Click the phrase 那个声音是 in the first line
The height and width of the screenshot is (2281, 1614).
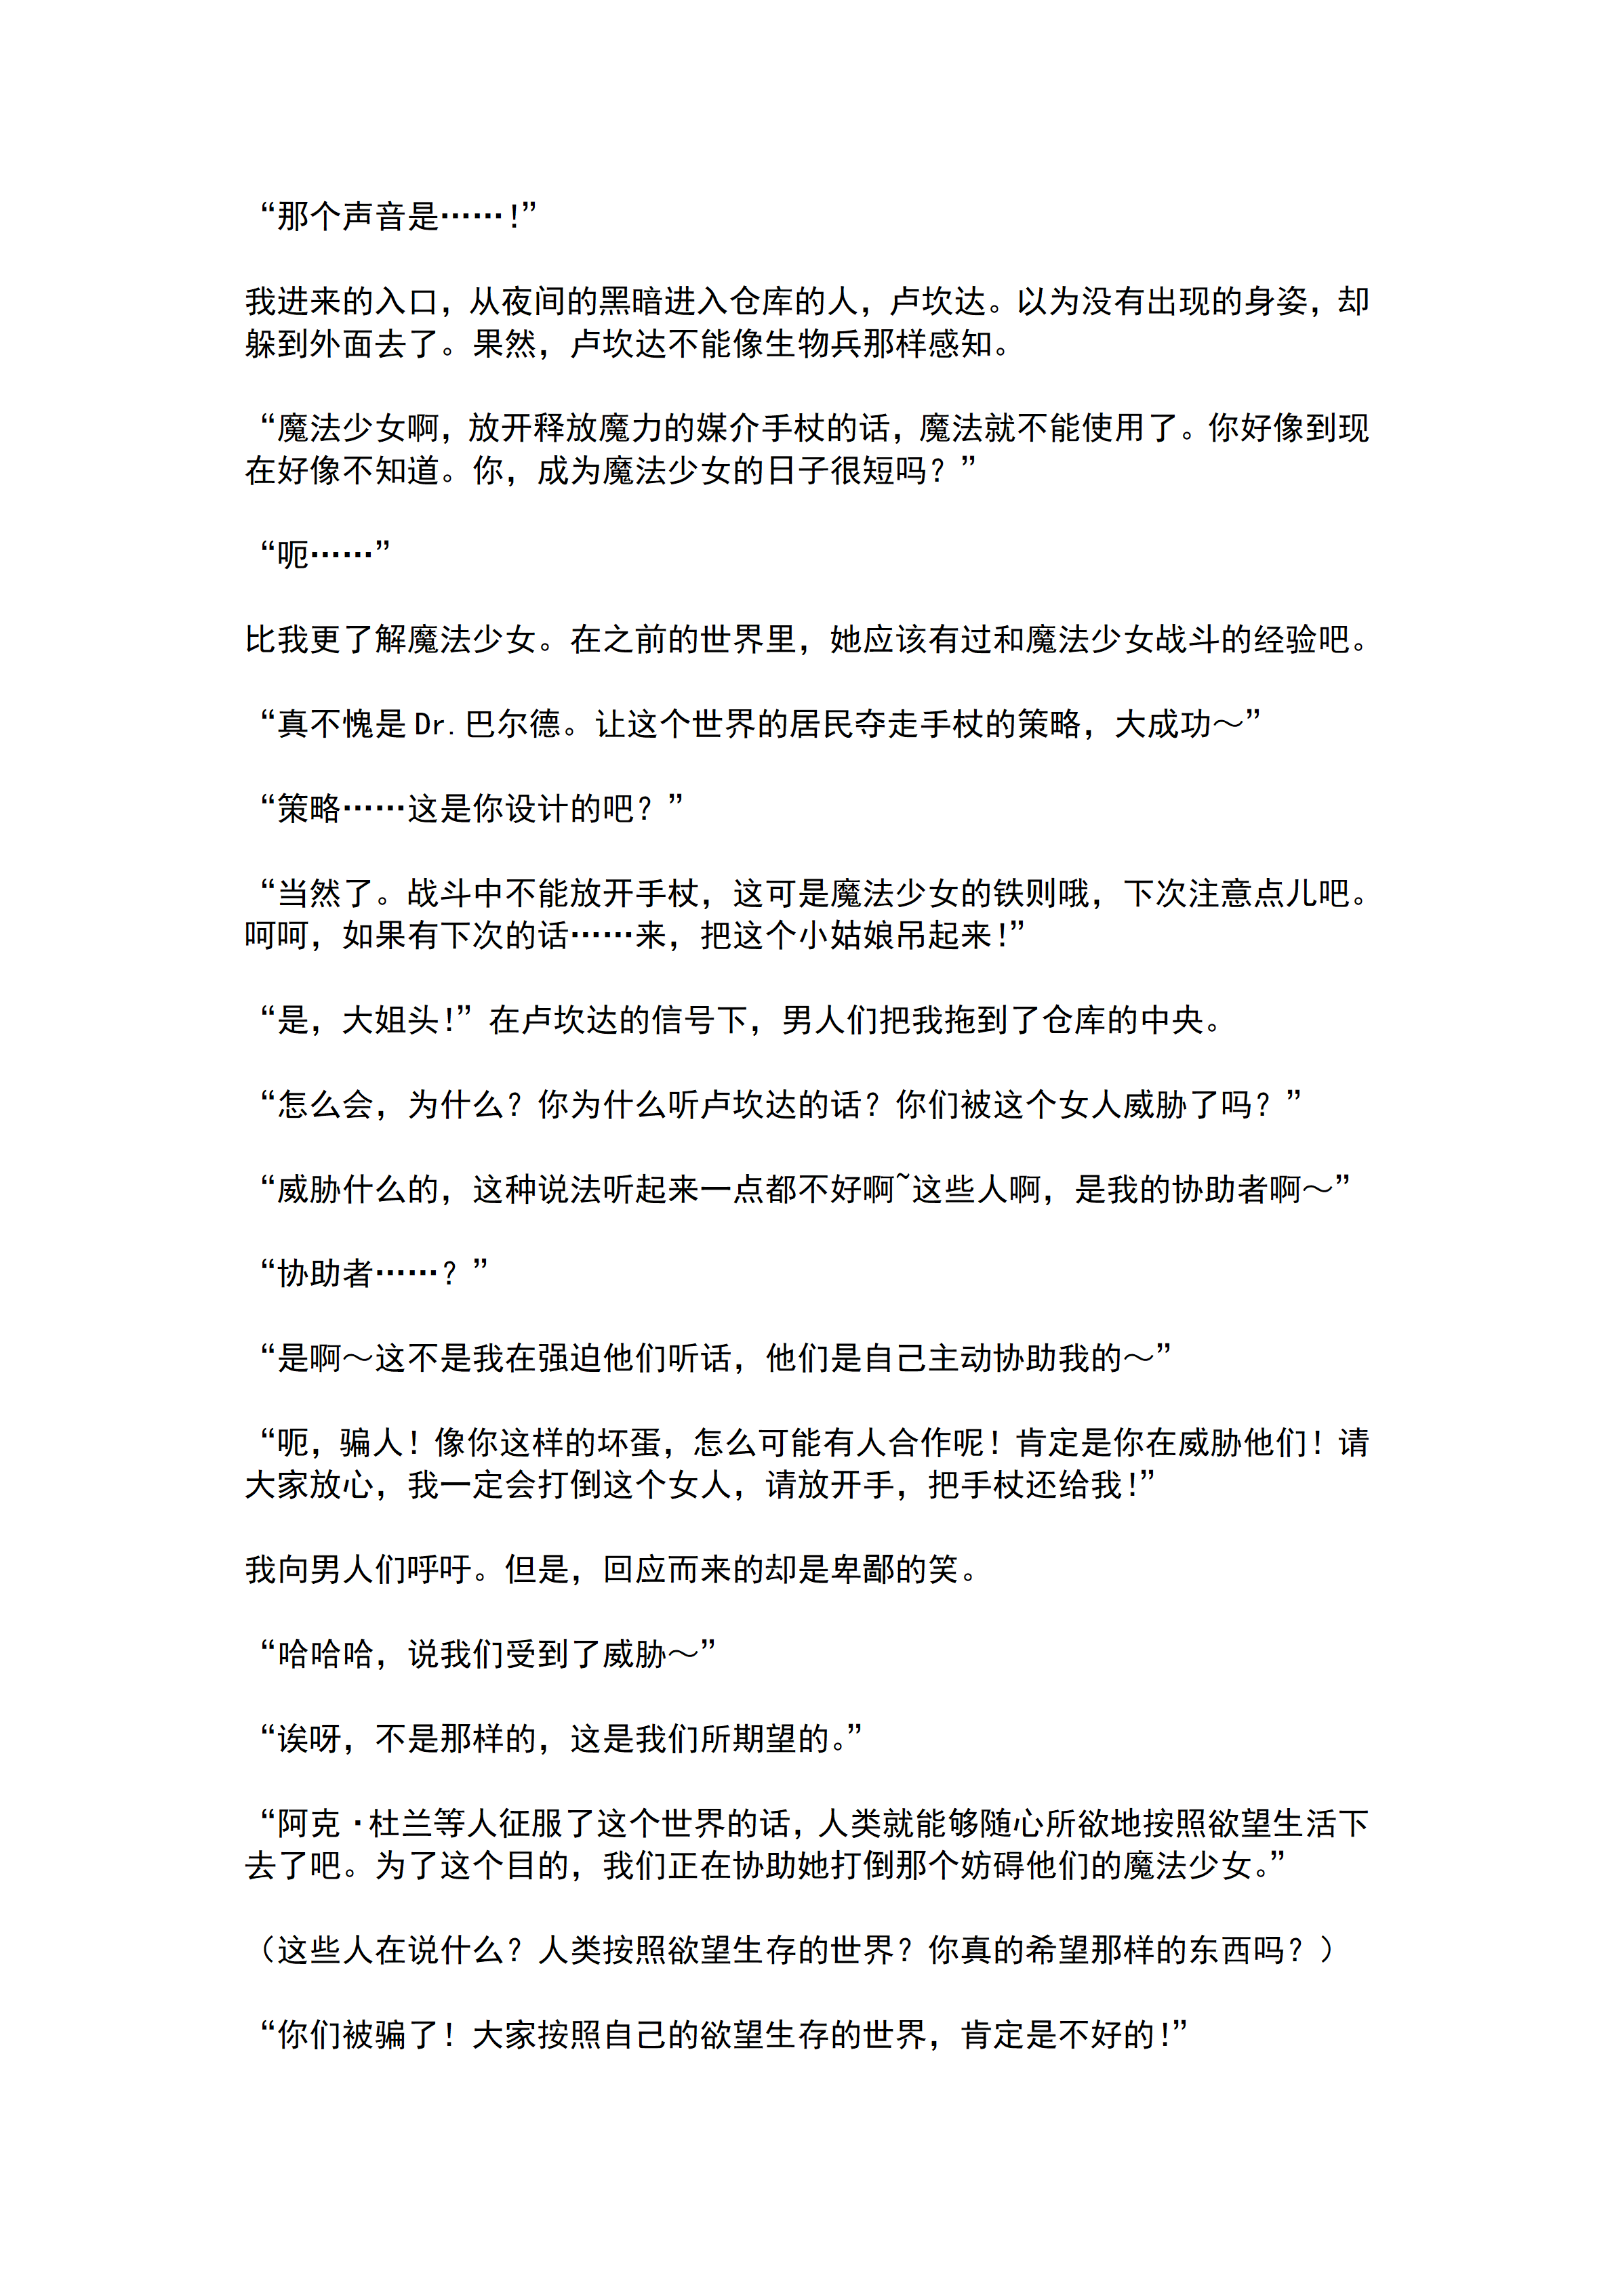click(x=358, y=215)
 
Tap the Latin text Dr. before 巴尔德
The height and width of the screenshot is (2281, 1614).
click(x=435, y=724)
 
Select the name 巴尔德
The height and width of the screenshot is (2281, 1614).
click(x=513, y=724)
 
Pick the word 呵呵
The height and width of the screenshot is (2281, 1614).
click(x=277, y=936)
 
